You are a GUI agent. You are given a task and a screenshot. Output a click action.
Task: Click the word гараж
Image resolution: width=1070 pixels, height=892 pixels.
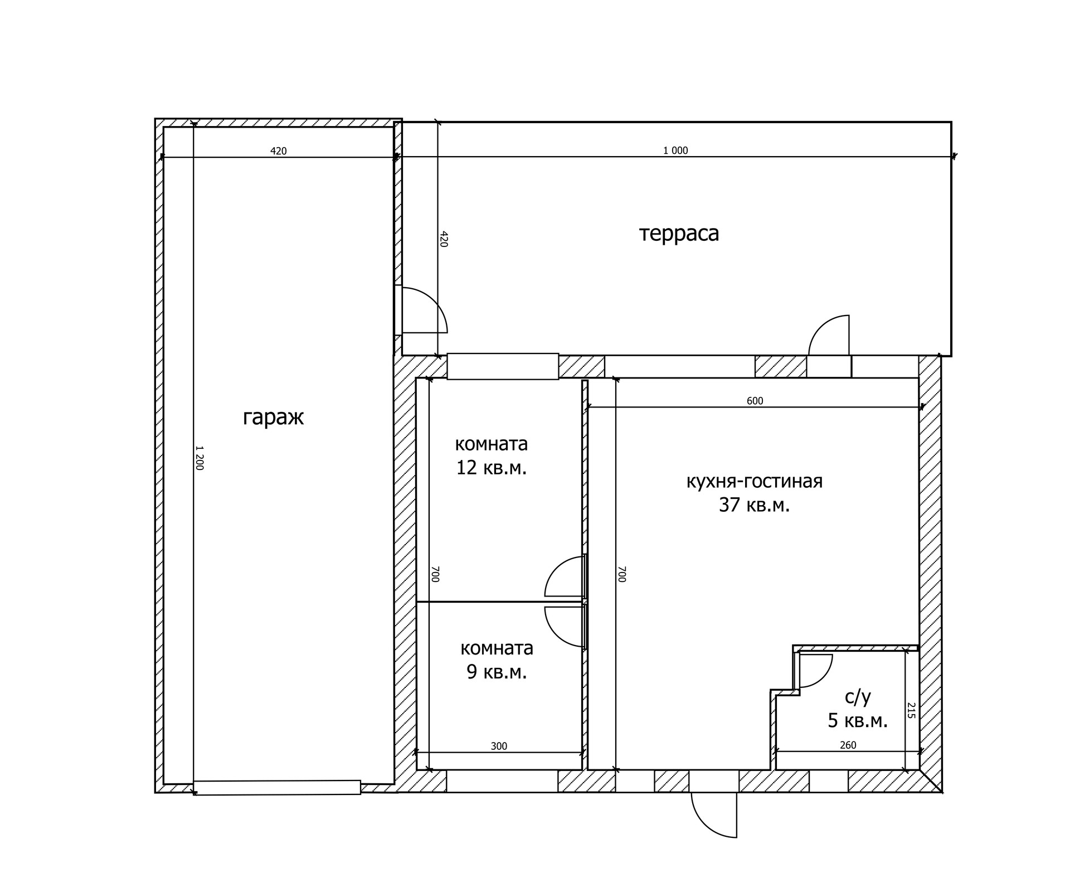[x=273, y=418]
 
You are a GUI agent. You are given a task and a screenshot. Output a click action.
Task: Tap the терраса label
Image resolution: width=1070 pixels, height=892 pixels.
[x=679, y=233]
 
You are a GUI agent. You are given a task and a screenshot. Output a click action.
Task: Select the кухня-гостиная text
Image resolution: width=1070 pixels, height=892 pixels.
[x=754, y=481]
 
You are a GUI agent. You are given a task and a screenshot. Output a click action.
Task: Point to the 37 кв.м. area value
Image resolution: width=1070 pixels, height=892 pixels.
[x=754, y=505]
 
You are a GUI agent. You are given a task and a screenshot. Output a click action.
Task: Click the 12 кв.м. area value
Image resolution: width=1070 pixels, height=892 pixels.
[x=491, y=468]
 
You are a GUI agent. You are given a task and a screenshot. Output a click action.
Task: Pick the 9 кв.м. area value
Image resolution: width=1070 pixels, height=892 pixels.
[x=497, y=672]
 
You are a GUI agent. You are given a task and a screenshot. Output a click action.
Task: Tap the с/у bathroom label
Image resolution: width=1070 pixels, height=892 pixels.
[x=858, y=697]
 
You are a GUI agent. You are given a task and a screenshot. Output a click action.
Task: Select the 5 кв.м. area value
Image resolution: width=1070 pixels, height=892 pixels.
[x=858, y=721]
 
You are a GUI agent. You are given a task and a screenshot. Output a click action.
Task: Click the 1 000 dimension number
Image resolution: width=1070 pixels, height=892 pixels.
[x=675, y=151]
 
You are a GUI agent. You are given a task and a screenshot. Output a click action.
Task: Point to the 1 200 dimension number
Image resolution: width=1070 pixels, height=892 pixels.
[x=200, y=458]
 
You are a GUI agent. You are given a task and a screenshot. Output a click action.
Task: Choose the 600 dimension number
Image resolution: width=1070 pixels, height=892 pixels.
[x=755, y=401]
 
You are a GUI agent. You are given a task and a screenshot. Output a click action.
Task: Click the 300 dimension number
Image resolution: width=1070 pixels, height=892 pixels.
[x=499, y=746]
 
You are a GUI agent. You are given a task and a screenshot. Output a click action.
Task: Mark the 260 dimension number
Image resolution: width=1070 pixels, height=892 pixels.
[x=848, y=745]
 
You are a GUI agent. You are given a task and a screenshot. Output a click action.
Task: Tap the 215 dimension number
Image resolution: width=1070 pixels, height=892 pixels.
[x=911, y=710]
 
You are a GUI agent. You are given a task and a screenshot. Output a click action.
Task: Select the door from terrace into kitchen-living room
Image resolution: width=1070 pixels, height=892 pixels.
[x=829, y=335]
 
